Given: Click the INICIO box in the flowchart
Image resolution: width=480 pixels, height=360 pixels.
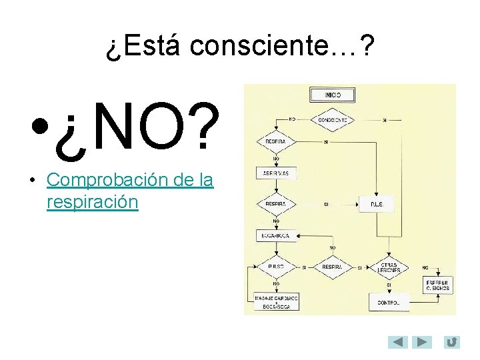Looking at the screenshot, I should point(333,95).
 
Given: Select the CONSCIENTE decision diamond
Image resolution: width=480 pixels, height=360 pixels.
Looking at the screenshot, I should point(333,120).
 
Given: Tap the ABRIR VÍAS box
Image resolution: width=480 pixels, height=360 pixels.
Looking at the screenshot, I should point(276,173).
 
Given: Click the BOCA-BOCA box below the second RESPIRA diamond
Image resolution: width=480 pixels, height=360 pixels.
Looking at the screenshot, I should point(276,235).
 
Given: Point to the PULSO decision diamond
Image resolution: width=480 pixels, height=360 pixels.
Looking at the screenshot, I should point(276,267).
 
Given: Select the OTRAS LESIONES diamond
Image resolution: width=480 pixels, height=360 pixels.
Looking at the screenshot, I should point(389,267).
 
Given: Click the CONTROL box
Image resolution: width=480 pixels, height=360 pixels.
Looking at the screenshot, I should point(389,302).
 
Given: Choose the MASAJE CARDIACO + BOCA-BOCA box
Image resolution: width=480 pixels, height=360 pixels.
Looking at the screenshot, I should point(276,302).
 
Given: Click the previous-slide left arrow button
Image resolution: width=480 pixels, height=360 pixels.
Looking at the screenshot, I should point(398,342).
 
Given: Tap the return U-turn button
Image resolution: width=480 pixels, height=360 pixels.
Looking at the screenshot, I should point(451,342).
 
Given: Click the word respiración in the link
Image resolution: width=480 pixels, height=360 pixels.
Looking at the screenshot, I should point(93,202).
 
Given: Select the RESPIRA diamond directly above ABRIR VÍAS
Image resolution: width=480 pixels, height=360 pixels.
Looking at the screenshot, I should point(276,142).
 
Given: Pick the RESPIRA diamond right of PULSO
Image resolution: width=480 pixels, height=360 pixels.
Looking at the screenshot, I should point(332,267).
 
